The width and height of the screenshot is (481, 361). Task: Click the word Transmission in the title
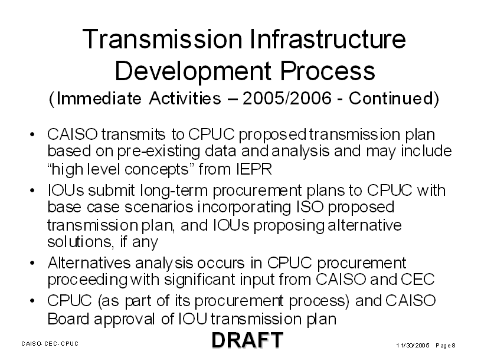(162, 39)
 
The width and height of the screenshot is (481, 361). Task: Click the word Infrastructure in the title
(328, 39)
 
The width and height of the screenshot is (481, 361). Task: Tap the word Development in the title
(193, 72)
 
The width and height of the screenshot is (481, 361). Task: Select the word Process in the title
(328, 71)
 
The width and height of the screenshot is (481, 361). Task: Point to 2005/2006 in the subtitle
(287, 99)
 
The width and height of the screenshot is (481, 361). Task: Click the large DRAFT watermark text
(247, 340)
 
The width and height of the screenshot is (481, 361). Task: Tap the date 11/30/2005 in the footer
(413, 346)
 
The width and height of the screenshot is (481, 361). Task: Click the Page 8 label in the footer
(446, 346)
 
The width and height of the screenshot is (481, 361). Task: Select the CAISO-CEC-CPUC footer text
(50, 343)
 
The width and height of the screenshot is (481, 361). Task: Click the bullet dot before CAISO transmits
(32, 134)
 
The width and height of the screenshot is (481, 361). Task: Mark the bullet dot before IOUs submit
(32, 191)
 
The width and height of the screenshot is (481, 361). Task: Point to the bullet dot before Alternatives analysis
(32, 263)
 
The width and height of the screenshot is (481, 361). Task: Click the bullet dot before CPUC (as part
(32, 301)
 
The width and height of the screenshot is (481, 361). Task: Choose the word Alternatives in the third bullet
(89, 263)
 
